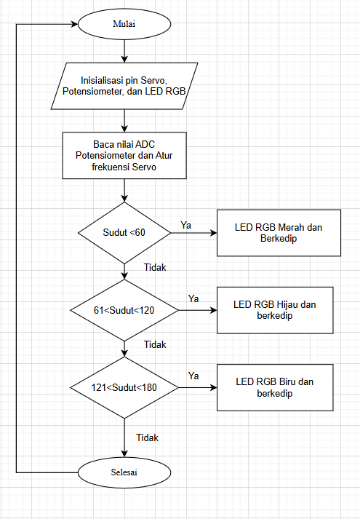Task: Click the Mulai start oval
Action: click(124, 24)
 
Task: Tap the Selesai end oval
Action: click(124, 472)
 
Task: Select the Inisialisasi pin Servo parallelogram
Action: click(124, 86)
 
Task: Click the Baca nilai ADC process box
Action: click(124, 156)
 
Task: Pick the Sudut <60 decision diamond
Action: click(124, 233)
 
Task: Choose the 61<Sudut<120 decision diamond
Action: click(124, 311)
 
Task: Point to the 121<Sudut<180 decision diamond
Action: click(124, 387)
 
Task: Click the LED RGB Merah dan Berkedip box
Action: click(279, 233)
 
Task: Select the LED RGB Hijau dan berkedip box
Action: click(275, 310)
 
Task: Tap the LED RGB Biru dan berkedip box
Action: click(275, 387)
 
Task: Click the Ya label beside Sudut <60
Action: click(185, 226)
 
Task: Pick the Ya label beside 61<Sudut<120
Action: click(193, 299)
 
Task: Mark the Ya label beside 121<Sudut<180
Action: click(193, 376)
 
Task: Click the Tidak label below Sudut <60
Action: click(155, 267)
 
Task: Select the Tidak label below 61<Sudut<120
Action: click(155, 344)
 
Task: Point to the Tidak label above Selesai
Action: click(148, 438)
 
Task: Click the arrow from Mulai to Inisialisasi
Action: click(124, 51)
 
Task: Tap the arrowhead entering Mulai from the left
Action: click(75, 24)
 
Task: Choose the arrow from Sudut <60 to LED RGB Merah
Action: click(194, 233)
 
